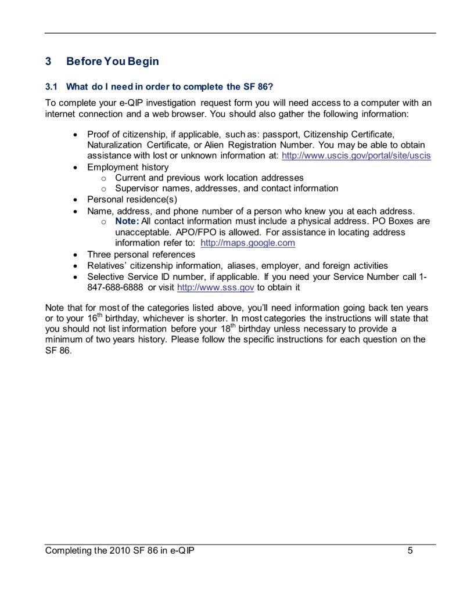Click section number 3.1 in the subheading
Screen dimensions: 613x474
point(52,87)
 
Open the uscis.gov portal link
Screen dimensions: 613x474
point(356,156)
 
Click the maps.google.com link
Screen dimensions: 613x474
point(247,243)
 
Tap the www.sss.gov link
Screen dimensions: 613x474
point(216,287)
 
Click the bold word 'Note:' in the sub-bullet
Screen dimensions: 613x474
point(127,222)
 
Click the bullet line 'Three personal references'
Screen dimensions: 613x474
point(141,255)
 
